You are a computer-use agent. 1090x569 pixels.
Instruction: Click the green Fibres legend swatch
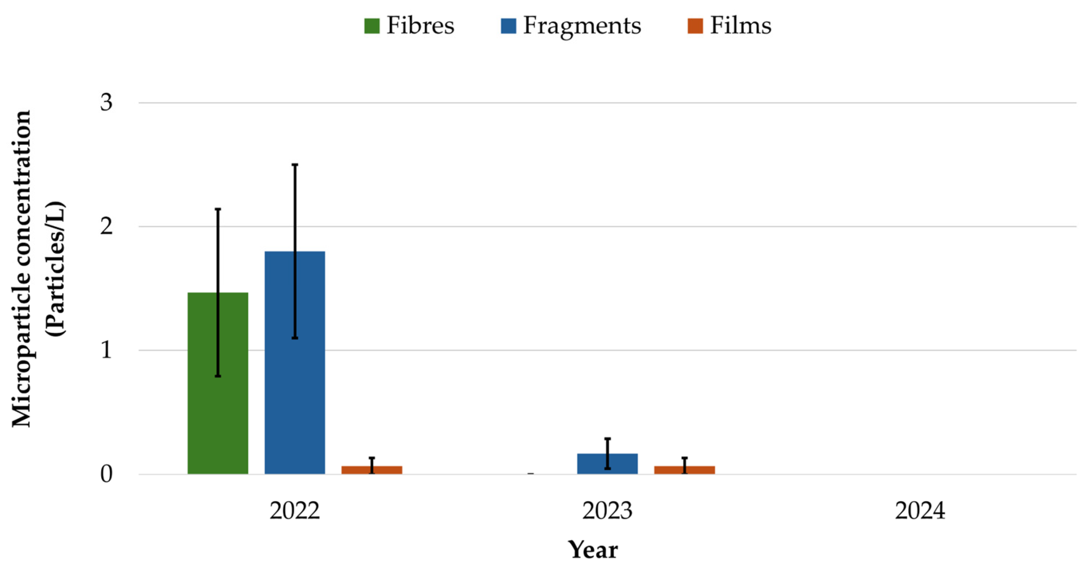coord(372,26)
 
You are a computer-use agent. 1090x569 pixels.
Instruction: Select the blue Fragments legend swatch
coord(508,26)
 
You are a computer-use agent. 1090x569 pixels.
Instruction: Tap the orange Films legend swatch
coord(695,26)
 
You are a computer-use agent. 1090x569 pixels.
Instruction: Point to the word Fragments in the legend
coord(582,26)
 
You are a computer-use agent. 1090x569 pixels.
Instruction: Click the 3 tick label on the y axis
coord(106,102)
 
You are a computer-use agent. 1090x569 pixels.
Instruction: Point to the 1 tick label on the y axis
coord(106,350)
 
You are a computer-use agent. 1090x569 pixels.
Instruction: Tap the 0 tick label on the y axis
coord(106,474)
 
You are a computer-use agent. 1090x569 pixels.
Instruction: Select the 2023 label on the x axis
coord(607,511)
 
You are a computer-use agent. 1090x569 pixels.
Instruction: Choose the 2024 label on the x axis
coord(920,511)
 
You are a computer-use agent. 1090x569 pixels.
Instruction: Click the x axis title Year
coord(593,550)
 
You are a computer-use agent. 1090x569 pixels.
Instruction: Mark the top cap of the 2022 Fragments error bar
coord(295,164)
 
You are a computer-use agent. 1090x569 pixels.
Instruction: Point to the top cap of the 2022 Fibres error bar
coord(218,209)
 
